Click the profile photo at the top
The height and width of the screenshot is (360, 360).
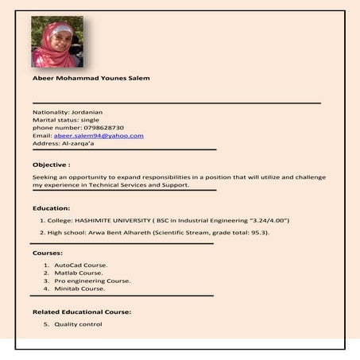[x=56, y=42]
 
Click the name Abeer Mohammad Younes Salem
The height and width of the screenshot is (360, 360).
[x=91, y=78]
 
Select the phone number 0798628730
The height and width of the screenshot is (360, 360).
[x=103, y=127]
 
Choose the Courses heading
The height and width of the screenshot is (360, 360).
[x=48, y=252]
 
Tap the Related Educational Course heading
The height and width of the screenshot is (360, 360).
[x=81, y=312]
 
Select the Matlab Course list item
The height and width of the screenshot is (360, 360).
[x=79, y=273]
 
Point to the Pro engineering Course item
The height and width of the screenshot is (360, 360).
[x=92, y=281]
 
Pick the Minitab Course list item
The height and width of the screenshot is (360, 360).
[x=79, y=288]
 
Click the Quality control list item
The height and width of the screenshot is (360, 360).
[x=78, y=324]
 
